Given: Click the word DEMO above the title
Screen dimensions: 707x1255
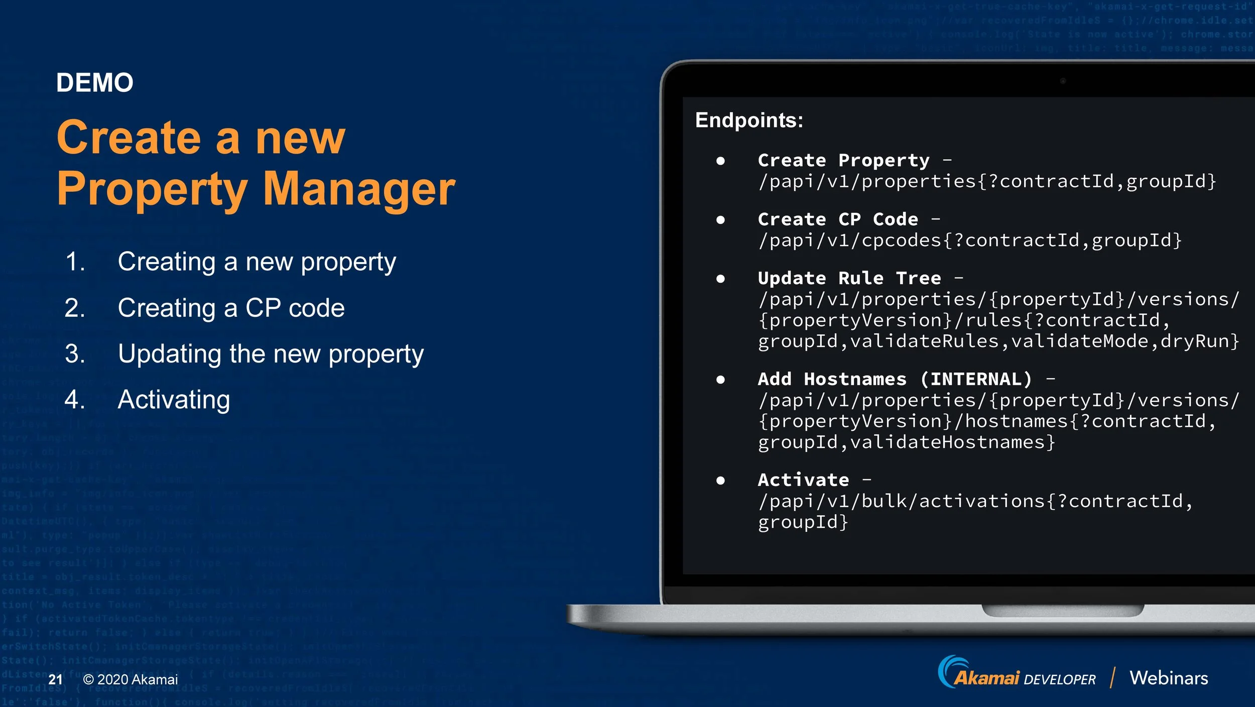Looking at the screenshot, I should (x=94, y=83).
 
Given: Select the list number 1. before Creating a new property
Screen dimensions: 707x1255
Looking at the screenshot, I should (x=75, y=262).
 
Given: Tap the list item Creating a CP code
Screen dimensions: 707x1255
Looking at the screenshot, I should (x=231, y=308).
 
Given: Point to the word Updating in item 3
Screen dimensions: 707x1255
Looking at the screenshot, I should (x=169, y=355).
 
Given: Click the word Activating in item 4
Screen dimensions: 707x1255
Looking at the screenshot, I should (x=174, y=400).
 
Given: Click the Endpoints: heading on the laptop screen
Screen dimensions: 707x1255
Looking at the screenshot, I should (x=749, y=121).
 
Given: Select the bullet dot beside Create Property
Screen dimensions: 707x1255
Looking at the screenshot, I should (x=720, y=161).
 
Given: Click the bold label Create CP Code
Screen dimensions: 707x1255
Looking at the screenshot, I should (x=838, y=219).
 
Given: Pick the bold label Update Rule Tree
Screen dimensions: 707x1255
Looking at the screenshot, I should (x=849, y=278).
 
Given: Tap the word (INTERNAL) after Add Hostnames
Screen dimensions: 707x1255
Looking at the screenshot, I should (x=976, y=379).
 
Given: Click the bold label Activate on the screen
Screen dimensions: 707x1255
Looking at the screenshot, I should (x=803, y=480).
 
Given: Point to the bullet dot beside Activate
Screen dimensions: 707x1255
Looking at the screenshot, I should (x=720, y=481).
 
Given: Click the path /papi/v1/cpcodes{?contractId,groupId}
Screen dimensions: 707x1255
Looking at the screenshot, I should (x=970, y=241).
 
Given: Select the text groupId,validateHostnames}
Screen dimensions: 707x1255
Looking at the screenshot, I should (x=906, y=442).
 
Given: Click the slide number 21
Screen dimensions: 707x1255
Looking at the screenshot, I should (x=55, y=679).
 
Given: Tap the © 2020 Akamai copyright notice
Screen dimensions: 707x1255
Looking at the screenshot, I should (x=131, y=679).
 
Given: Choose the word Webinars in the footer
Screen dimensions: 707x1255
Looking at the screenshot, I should (x=1169, y=678).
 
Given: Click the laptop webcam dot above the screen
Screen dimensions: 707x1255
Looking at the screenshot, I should (x=1063, y=81).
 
